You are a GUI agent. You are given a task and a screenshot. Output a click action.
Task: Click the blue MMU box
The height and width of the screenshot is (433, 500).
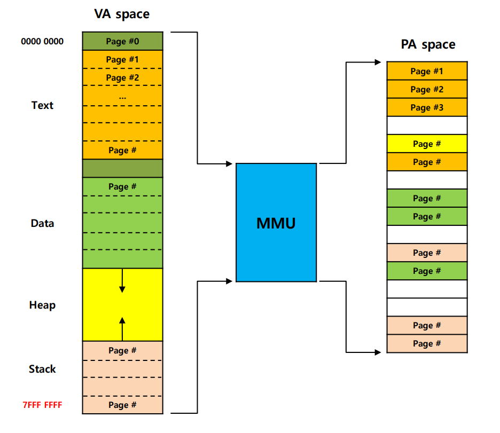pyautogui.click(x=276, y=222)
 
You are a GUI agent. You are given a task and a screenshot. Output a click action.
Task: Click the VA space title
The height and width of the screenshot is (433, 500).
pyautogui.click(x=122, y=14)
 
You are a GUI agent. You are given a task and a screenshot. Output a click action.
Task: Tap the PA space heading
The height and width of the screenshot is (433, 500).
pyautogui.click(x=428, y=44)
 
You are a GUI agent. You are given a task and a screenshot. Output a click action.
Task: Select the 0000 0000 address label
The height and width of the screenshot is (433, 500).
pyautogui.click(x=42, y=41)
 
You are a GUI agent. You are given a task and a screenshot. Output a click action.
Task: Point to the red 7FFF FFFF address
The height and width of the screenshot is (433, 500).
pyautogui.click(x=42, y=405)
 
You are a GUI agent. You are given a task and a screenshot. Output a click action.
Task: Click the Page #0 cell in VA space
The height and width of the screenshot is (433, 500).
pyautogui.click(x=122, y=41)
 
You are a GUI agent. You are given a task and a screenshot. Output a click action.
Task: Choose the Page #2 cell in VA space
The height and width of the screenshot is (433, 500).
pyautogui.click(x=122, y=77)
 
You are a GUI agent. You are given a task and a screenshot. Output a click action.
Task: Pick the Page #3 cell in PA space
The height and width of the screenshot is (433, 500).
pyautogui.click(x=427, y=107)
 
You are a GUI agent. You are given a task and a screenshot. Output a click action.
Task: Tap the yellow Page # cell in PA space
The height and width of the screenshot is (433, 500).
pyautogui.click(x=427, y=144)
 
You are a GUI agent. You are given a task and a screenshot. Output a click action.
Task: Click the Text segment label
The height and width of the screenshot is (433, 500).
pyautogui.click(x=42, y=105)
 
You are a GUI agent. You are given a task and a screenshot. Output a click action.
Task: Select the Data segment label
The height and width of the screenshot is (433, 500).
pyautogui.click(x=42, y=223)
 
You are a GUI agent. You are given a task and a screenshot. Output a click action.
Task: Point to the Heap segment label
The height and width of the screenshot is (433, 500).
pyautogui.click(x=42, y=305)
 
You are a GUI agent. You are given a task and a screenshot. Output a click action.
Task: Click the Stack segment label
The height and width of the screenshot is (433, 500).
pyautogui.click(x=42, y=369)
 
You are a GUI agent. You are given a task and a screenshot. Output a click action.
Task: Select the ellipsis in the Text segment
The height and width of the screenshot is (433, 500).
pyautogui.click(x=122, y=98)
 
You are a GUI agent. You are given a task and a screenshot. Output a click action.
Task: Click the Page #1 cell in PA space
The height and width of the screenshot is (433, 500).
pyautogui.click(x=427, y=71)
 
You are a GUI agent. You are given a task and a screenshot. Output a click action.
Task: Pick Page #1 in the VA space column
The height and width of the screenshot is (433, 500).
pyautogui.click(x=122, y=59)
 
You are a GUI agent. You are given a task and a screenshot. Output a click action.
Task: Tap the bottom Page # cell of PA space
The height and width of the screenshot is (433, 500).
pyautogui.click(x=427, y=344)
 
